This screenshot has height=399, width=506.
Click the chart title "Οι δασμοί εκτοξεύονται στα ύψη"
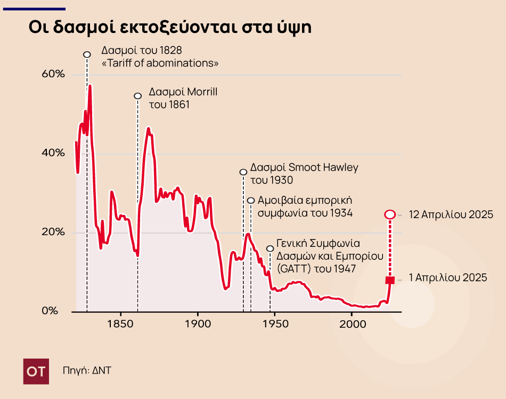point(170,28)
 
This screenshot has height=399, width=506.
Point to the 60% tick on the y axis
point(53,74)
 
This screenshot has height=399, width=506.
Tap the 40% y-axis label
point(53,153)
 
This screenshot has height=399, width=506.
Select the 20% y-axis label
point(53,232)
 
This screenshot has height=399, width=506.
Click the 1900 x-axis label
point(198,323)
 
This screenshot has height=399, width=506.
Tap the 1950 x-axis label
point(275,323)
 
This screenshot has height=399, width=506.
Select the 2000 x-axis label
point(352,323)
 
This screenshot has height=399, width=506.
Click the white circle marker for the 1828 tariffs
point(87,54)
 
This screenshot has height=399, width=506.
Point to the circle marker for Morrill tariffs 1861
point(137,96)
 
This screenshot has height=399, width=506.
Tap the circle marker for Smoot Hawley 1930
point(243,172)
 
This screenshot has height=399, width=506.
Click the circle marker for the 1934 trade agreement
point(251,201)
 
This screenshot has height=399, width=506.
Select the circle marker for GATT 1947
point(270,248)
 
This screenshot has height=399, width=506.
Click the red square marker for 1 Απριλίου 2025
point(389,280)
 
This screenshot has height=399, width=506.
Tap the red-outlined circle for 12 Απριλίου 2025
point(389,214)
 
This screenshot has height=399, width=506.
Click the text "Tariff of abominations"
point(160,63)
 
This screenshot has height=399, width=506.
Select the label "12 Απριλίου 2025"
point(451,215)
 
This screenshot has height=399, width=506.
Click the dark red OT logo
point(36,371)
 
